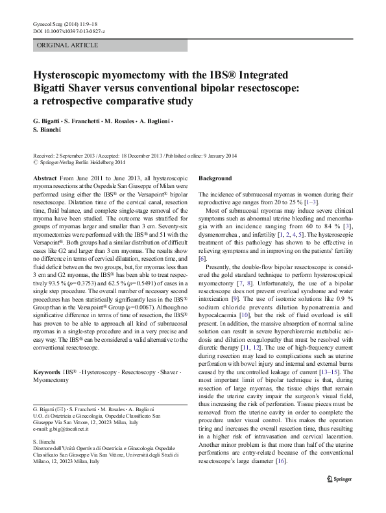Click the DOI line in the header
point(68,31)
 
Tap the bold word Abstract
point(44,178)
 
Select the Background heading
point(215,178)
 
